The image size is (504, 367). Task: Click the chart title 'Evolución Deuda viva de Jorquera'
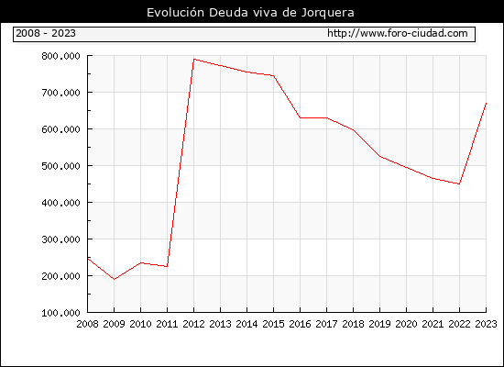coord(250,13)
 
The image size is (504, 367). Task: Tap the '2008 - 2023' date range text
coord(46,33)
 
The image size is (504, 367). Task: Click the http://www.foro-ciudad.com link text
coord(398,33)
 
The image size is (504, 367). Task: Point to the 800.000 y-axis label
coord(60,56)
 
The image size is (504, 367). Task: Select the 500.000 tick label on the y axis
coord(60,166)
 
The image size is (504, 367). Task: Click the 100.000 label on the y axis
coord(60,313)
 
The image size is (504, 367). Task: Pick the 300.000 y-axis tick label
coord(60,239)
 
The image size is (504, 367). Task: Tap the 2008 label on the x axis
coord(87,324)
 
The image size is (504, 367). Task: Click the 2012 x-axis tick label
coord(194,324)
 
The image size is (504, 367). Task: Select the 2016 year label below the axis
coord(301,324)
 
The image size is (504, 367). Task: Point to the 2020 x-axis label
coord(406,324)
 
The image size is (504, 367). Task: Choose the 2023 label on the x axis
coord(486,324)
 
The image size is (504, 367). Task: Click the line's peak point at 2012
coord(194,60)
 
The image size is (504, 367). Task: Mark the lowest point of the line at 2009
coord(115,279)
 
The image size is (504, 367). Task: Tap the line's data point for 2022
coord(459,183)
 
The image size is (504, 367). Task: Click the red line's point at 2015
coord(274,76)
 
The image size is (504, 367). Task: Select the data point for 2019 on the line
coord(380,157)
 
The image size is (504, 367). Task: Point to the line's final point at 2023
coord(486,104)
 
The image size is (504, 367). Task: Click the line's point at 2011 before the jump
coord(167,266)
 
